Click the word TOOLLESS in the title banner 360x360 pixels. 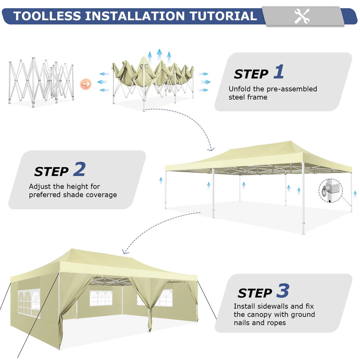tap(47, 16)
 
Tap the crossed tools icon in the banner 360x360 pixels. tap(302, 16)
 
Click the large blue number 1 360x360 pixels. tap(279, 71)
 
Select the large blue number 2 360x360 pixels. tap(79, 169)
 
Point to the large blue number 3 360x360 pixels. tap(283, 290)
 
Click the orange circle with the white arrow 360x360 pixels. tap(86, 84)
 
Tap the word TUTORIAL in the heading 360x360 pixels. tap(223, 16)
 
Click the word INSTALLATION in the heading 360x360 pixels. tap(135, 16)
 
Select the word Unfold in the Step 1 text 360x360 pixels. tap(240, 89)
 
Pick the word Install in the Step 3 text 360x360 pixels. tap(244, 306)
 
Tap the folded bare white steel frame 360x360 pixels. tap(41, 82)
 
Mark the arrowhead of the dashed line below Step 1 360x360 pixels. tap(211, 149)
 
